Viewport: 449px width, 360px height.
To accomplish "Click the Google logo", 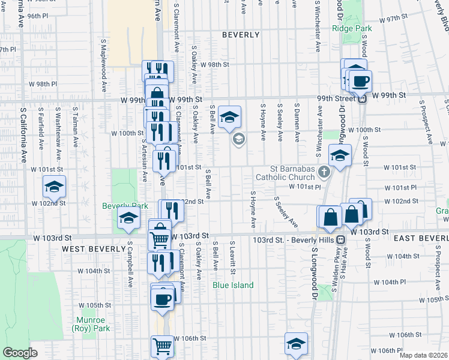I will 20,353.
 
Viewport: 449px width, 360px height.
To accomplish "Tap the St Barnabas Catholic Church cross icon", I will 324,173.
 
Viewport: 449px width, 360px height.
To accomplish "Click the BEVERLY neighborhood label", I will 241,35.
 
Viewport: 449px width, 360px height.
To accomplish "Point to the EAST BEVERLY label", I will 420,238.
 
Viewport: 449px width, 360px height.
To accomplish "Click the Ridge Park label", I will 352,28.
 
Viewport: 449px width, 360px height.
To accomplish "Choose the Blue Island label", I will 234,285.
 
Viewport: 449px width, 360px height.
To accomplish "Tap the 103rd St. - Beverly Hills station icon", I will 340,239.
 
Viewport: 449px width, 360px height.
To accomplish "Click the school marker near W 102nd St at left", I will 55,187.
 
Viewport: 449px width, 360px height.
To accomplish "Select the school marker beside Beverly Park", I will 128,218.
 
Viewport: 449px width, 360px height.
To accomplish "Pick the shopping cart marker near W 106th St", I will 161,345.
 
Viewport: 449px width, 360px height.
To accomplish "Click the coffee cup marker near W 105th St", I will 163,298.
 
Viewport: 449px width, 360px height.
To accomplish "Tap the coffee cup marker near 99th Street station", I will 361,81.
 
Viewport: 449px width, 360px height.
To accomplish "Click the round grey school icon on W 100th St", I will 238,139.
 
